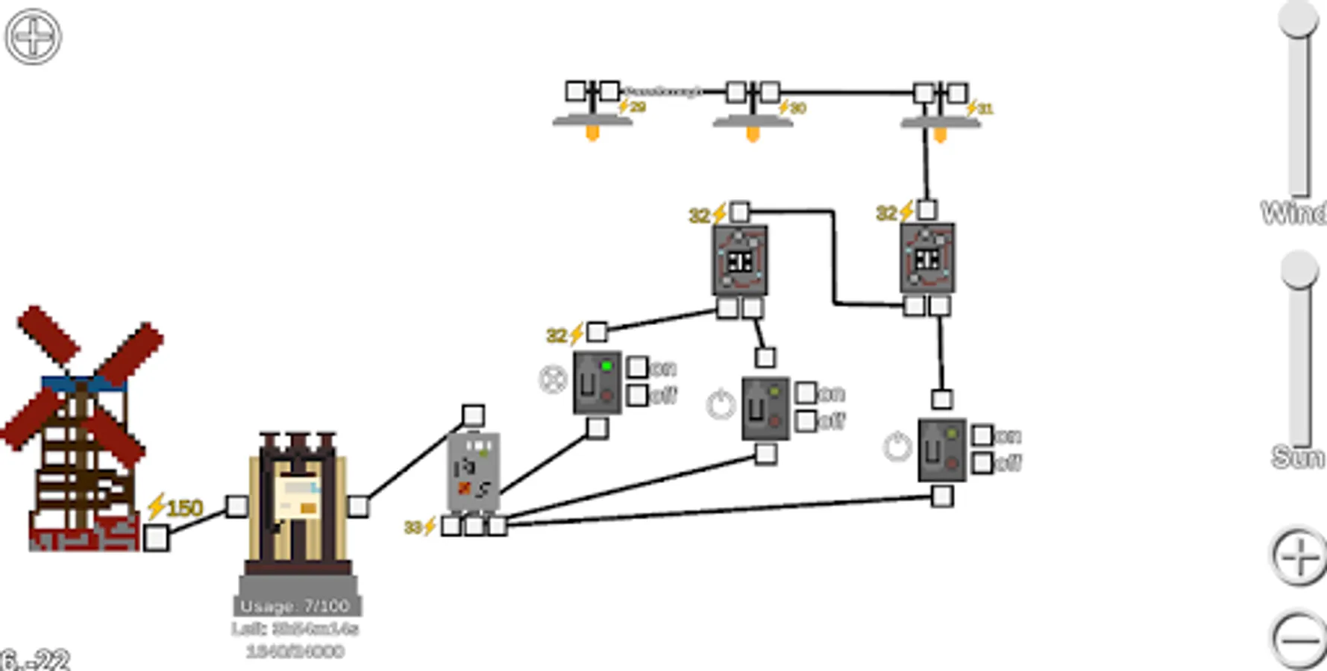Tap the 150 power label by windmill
(176, 508)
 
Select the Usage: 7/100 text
(296, 606)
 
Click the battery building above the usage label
(298, 503)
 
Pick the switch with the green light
(597, 382)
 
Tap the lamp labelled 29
(592, 119)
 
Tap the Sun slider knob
(1299, 269)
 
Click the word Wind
(1293, 213)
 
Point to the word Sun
(1297, 456)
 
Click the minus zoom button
(1299, 640)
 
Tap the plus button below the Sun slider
(1299, 556)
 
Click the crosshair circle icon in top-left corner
(34, 37)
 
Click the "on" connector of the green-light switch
(637, 367)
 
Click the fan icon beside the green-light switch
(553, 379)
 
